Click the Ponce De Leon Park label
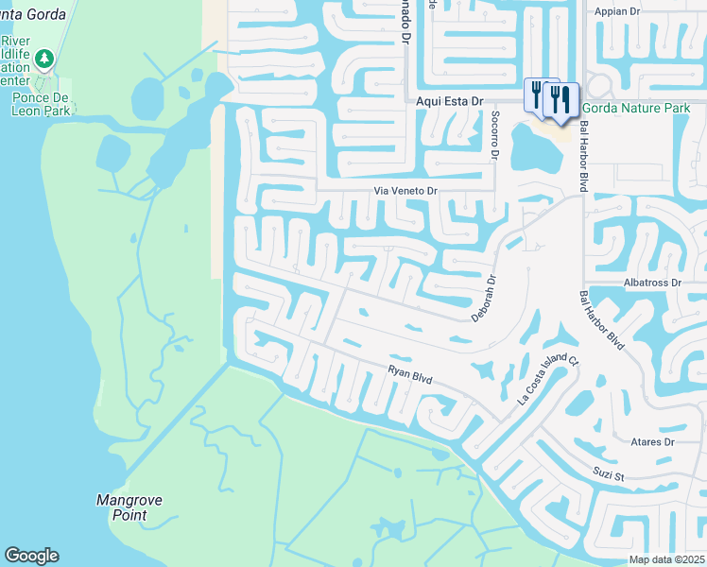coord(42,104)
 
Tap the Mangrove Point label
coord(123,507)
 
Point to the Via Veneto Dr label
coord(406,191)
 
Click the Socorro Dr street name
coord(494,133)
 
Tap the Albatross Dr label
coord(652,283)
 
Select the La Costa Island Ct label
coord(547,379)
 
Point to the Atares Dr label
coord(652,441)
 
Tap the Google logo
coord(31,556)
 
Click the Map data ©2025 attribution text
coord(667,559)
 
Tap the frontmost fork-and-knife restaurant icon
coord(562,99)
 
